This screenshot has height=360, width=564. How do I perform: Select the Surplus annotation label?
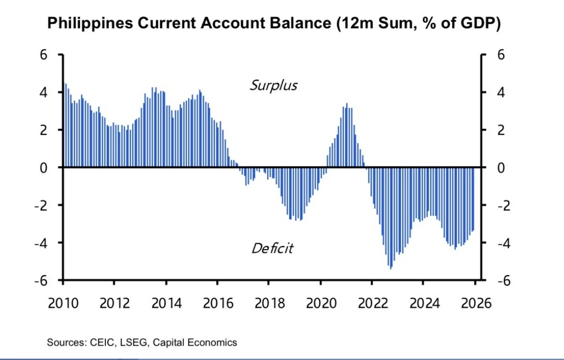pos(273,86)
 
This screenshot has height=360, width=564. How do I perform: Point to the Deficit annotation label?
pos(272,248)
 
